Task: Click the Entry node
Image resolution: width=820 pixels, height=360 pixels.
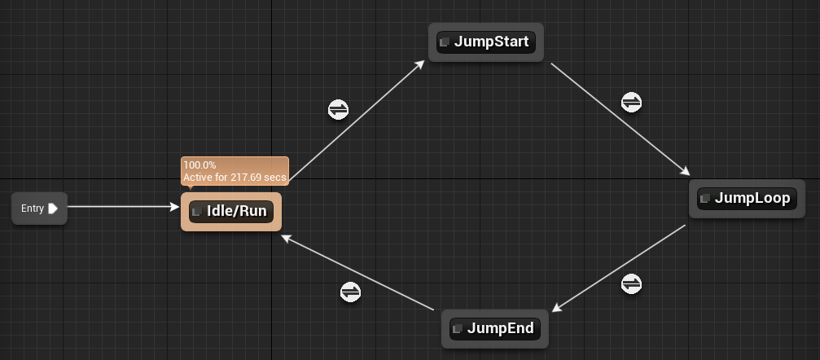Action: click(39, 209)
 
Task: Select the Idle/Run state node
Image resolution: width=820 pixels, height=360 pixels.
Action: click(230, 212)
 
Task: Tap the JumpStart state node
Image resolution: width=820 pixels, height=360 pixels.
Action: click(485, 42)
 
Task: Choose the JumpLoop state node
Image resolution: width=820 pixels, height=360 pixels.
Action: click(746, 199)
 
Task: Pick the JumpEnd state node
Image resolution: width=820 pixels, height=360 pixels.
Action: click(494, 328)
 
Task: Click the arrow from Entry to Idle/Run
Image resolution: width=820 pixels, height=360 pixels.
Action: click(122, 207)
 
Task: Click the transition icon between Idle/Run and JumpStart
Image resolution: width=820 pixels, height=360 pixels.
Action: click(339, 109)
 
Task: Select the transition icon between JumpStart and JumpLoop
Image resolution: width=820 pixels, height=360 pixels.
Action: click(631, 103)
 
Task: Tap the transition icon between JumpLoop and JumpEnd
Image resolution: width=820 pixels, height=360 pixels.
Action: click(631, 283)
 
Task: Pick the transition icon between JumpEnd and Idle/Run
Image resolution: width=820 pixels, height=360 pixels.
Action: click(350, 292)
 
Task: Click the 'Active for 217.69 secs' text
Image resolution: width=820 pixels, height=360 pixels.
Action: click(235, 177)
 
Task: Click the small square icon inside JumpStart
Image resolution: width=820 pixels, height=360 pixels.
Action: click(445, 42)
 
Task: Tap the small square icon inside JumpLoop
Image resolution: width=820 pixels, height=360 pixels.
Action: click(706, 199)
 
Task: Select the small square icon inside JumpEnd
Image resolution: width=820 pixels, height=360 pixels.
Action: click(458, 328)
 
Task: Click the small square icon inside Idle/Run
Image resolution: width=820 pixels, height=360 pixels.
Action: click(197, 212)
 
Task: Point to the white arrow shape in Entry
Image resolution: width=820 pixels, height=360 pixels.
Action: click(53, 209)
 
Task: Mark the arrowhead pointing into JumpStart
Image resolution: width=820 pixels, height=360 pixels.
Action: click(420, 63)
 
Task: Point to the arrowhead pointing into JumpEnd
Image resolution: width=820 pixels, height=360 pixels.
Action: click(557, 308)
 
